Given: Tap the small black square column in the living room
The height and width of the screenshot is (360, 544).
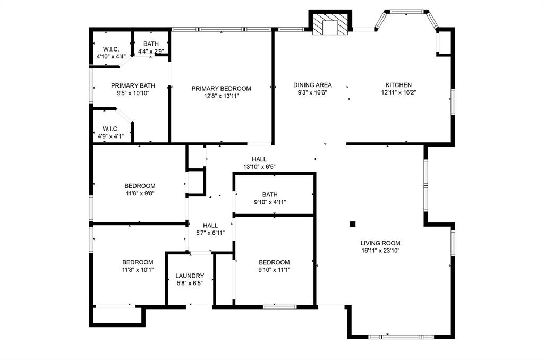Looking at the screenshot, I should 352,224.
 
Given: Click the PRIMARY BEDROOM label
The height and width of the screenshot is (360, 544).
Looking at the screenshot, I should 221,89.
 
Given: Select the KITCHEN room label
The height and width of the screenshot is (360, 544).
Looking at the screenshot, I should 398,85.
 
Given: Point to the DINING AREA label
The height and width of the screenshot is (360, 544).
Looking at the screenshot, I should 312,85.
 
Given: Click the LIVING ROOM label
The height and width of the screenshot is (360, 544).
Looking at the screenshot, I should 380,243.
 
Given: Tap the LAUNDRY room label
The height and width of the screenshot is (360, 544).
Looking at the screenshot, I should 190,276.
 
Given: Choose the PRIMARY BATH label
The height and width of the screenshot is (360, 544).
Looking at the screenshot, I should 133,85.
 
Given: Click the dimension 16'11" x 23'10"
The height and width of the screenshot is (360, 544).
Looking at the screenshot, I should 380,251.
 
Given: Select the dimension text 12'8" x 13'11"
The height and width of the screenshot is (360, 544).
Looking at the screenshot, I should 221,96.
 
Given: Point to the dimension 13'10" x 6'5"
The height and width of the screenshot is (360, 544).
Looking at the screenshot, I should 259,167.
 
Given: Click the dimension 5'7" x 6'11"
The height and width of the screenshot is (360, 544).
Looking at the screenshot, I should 210,233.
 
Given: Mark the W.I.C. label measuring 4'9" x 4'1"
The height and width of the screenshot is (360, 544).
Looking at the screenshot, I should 110,129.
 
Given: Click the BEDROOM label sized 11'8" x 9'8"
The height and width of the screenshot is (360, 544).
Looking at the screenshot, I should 140,186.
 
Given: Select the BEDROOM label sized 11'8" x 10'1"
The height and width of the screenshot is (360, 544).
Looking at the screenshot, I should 138,262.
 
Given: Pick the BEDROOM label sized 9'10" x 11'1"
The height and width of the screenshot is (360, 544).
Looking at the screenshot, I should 274,262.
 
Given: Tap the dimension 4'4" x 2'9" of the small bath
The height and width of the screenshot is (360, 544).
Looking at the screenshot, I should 151,52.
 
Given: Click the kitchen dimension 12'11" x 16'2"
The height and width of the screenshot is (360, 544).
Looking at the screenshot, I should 398,92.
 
